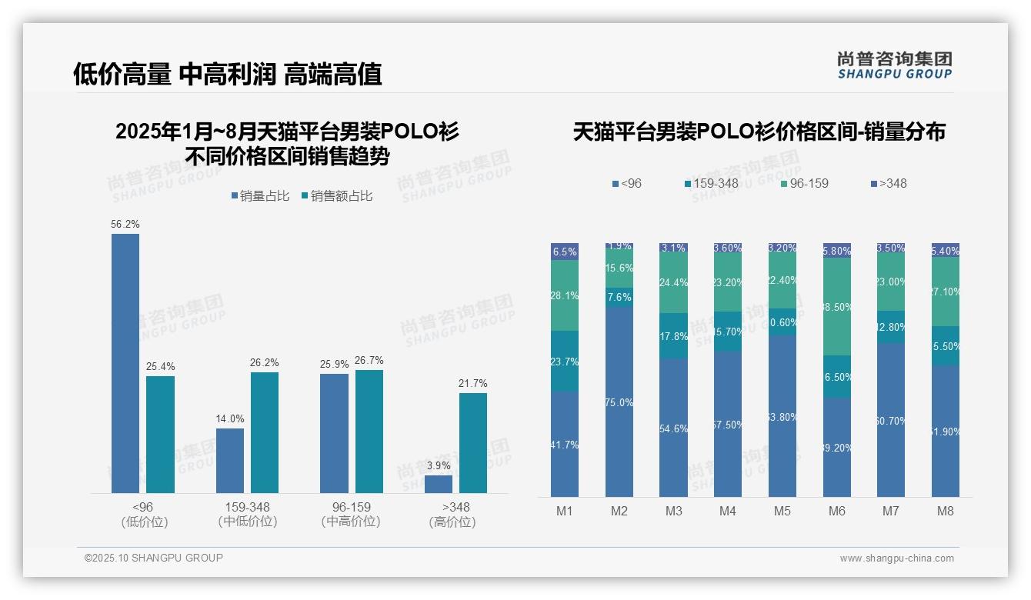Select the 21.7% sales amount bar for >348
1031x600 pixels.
[x=473, y=443]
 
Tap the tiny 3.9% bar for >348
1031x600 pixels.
[x=439, y=484]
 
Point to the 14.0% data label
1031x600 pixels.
[x=230, y=419]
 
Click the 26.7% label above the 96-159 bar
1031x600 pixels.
[x=369, y=361]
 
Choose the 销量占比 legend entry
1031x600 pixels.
[x=260, y=196]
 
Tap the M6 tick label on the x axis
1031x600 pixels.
[x=837, y=511]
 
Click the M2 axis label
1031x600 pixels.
[x=619, y=511]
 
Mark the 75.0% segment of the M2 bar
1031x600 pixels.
[x=619, y=402]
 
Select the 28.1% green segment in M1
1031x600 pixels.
[x=565, y=295]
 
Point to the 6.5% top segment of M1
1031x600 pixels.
[x=565, y=252]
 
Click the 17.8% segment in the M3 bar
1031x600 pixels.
[x=674, y=336]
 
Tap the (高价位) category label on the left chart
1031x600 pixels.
[x=452, y=522]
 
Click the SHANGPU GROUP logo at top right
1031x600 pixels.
[x=894, y=65]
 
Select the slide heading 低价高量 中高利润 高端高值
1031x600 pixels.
[x=228, y=75]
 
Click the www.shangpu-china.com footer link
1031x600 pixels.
[x=896, y=558]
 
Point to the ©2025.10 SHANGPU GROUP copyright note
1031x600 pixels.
[x=154, y=558]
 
